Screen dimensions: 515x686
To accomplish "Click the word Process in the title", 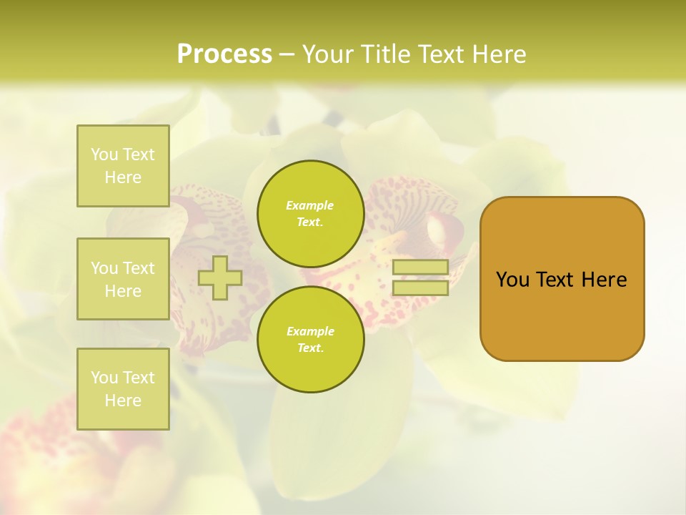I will (224, 54).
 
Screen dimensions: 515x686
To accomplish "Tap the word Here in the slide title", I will (499, 54).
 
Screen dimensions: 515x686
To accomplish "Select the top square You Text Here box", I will (123, 166).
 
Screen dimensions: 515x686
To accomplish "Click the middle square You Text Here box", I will (123, 279).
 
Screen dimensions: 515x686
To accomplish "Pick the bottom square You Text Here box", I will (123, 388).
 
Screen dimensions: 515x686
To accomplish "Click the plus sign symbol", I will (220, 278).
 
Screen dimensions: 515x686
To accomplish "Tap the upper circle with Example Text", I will (310, 213).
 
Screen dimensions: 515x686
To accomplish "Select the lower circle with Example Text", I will (310, 339).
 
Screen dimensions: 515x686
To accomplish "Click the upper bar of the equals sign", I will (420, 267).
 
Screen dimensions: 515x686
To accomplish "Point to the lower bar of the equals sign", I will (420, 288).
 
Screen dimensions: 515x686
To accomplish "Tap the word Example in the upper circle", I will (310, 205).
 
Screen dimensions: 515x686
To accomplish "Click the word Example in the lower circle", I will (310, 331).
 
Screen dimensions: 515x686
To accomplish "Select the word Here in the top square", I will (123, 177).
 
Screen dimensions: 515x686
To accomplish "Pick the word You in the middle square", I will (105, 268).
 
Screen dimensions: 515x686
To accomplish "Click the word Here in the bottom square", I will (123, 401).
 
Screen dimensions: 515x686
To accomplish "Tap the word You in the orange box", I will (513, 280).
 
